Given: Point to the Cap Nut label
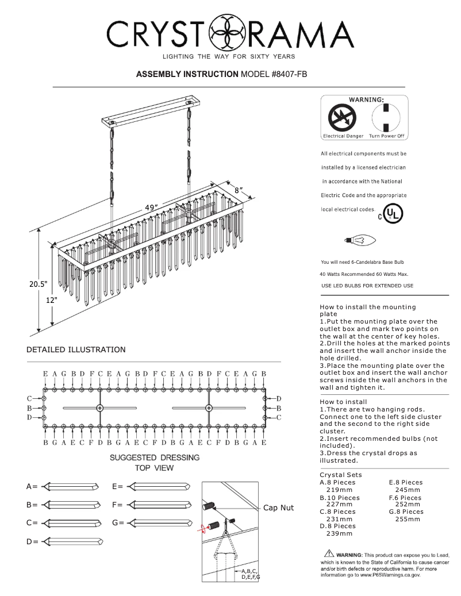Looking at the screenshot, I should tap(279, 507).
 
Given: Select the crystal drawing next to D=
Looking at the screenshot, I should tap(74, 541).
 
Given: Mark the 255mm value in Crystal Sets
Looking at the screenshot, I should tap(408, 518).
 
